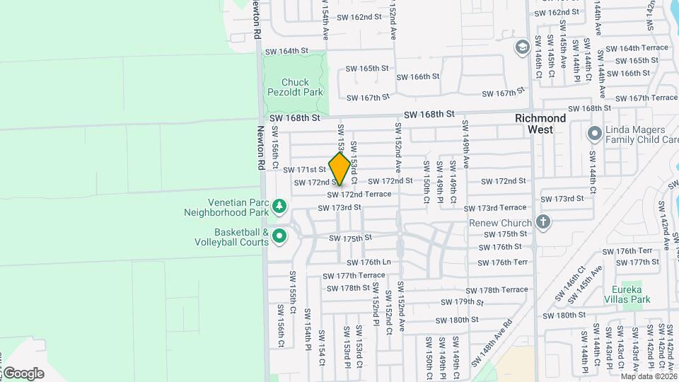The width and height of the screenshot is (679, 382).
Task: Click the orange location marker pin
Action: [x=340, y=169]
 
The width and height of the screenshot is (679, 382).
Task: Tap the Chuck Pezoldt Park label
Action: [x=294, y=87]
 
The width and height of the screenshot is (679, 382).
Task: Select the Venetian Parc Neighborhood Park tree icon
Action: [x=279, y=205]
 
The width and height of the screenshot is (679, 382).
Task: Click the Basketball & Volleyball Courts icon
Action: [x=279, y=236]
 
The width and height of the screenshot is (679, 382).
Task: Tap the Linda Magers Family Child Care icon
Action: [x=594, y=133]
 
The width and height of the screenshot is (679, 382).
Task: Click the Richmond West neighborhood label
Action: [x=540, y=124]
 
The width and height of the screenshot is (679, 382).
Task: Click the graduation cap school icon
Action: [x=522, y=47]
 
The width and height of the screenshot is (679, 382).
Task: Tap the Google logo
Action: [x=23, y=373]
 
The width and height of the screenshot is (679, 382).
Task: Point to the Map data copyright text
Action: [x=649, y=376]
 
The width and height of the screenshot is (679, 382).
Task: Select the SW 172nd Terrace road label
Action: [x=359, y=195]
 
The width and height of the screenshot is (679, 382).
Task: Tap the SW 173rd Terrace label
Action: [x=495, y=208]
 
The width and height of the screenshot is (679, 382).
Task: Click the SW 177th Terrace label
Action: [x=354, y=276]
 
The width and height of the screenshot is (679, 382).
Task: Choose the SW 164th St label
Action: [x=287, y=51]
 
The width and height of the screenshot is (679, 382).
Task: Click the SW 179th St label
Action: [x=463, y=302]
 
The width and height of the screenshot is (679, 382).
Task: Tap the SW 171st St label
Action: [x=304, y=170]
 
